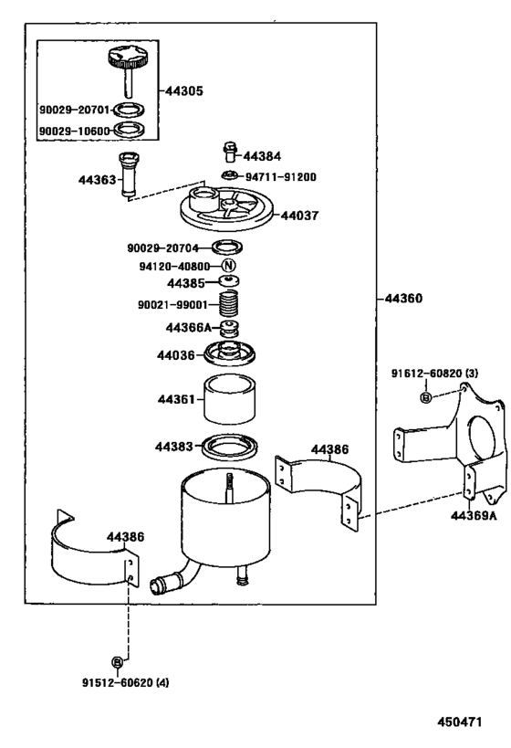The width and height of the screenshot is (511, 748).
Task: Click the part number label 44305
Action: tap(185, 91)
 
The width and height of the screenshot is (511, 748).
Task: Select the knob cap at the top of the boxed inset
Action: tap(124, 61)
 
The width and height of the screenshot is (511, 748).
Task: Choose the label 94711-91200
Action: tap(281, 176)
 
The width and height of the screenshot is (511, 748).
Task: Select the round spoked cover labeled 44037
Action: tap(228, 211)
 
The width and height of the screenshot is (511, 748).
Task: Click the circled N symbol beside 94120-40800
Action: tap(229, 265)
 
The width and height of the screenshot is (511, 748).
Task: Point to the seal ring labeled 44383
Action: tap(228, 447)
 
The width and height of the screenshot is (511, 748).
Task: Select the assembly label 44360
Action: tap(403, 299)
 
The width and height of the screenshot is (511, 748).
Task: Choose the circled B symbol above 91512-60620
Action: tap(117, 661)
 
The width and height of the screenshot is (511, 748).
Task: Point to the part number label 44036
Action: tap(175, 354)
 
